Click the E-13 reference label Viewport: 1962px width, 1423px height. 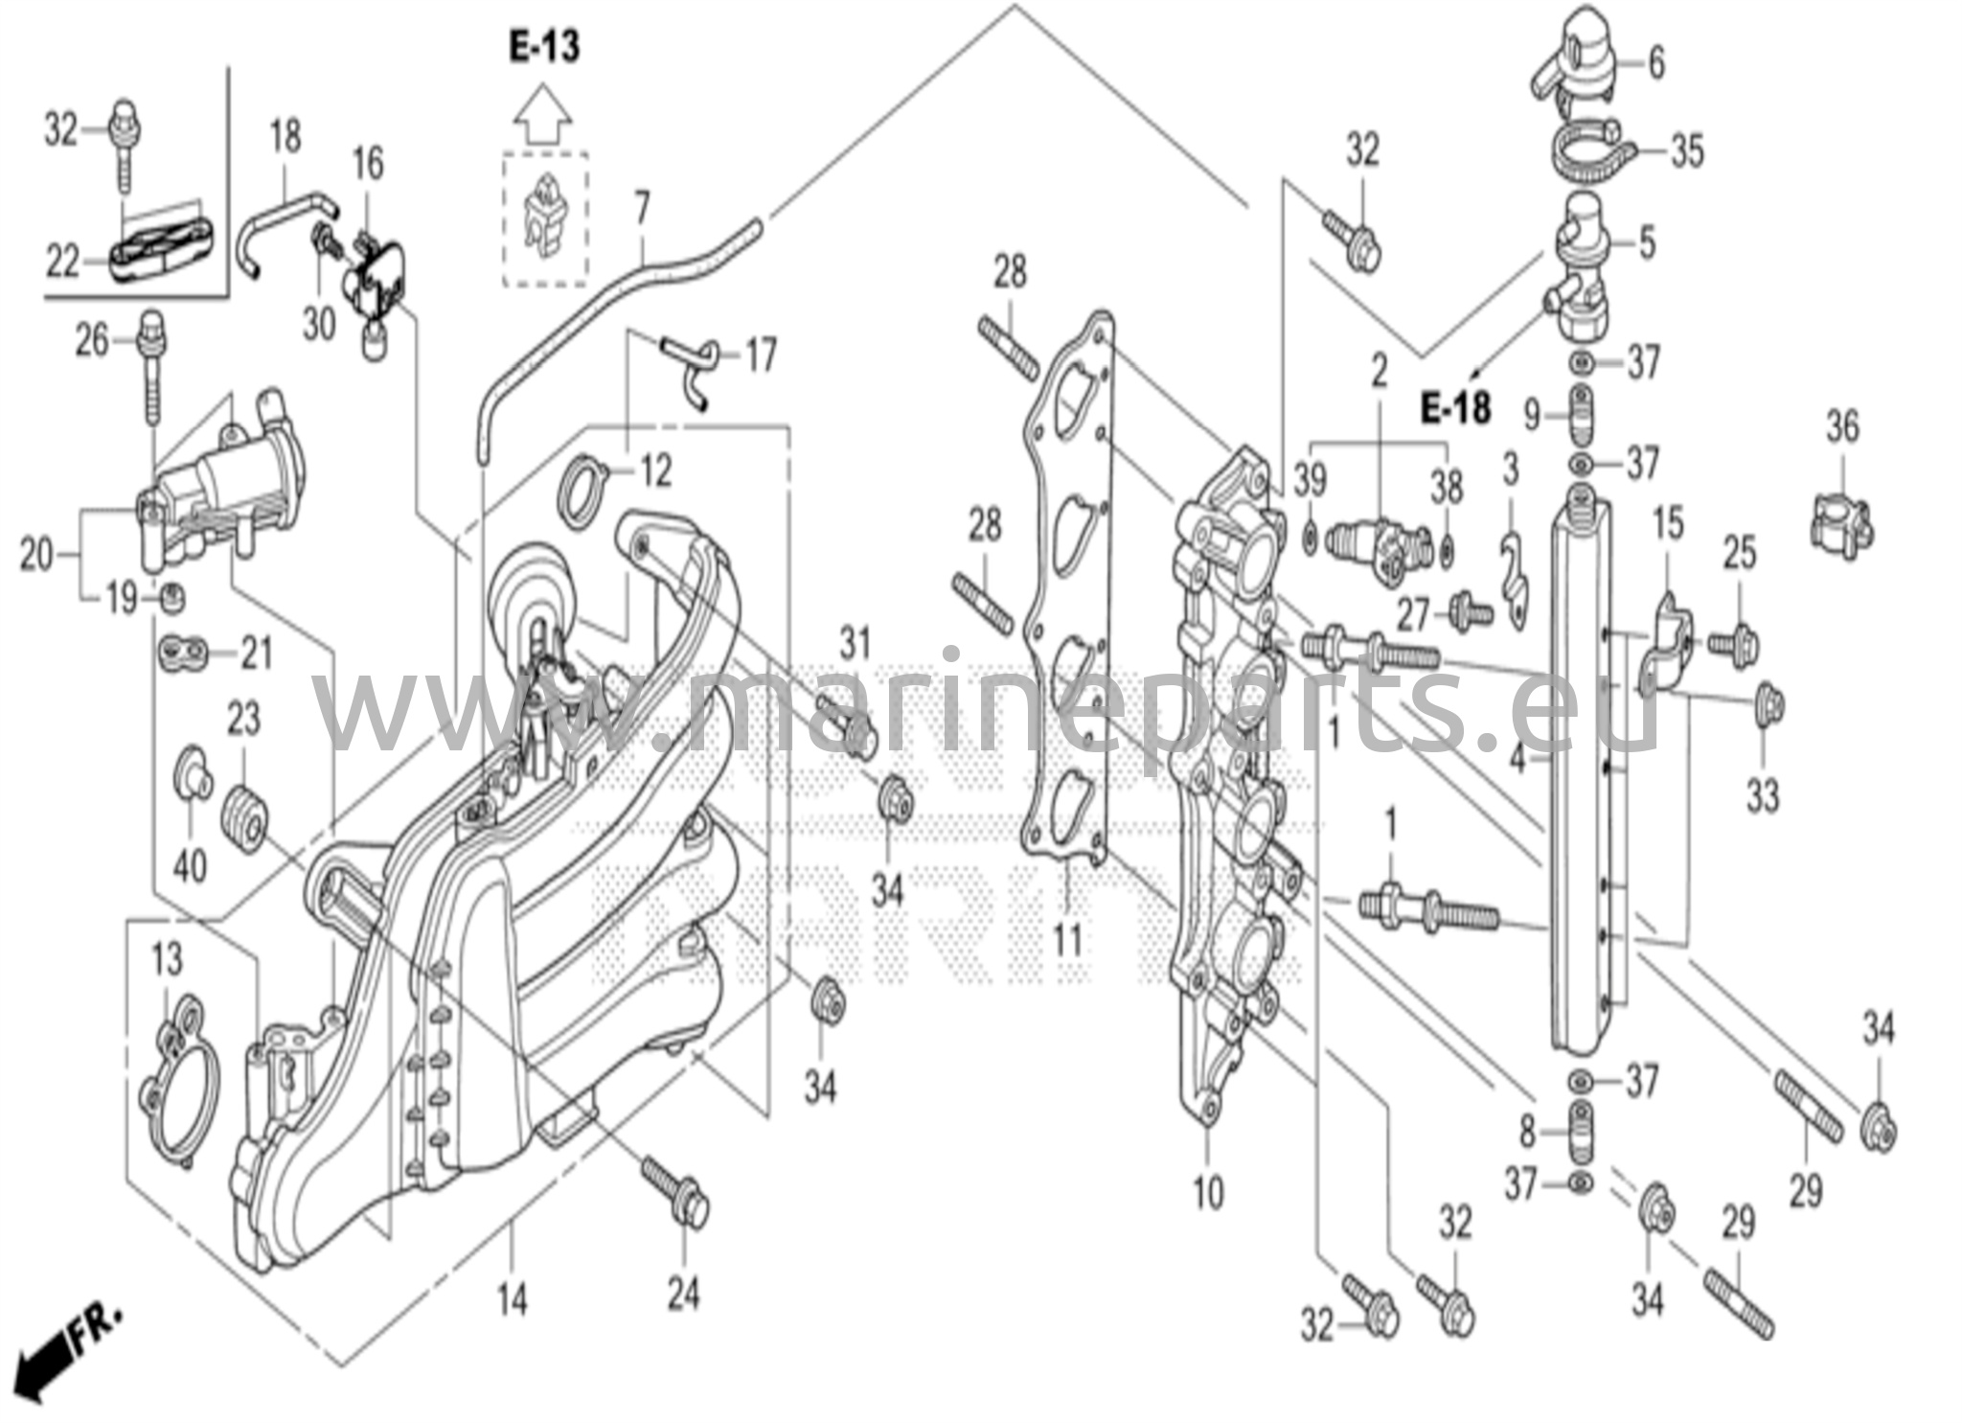(x=544, y=47)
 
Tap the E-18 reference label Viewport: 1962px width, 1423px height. (x=1455, y=409)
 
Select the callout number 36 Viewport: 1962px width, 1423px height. (x=1841, y=427)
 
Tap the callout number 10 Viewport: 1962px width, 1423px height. (x=1208, y=1193)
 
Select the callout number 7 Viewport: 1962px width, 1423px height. (x=641, y=206)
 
